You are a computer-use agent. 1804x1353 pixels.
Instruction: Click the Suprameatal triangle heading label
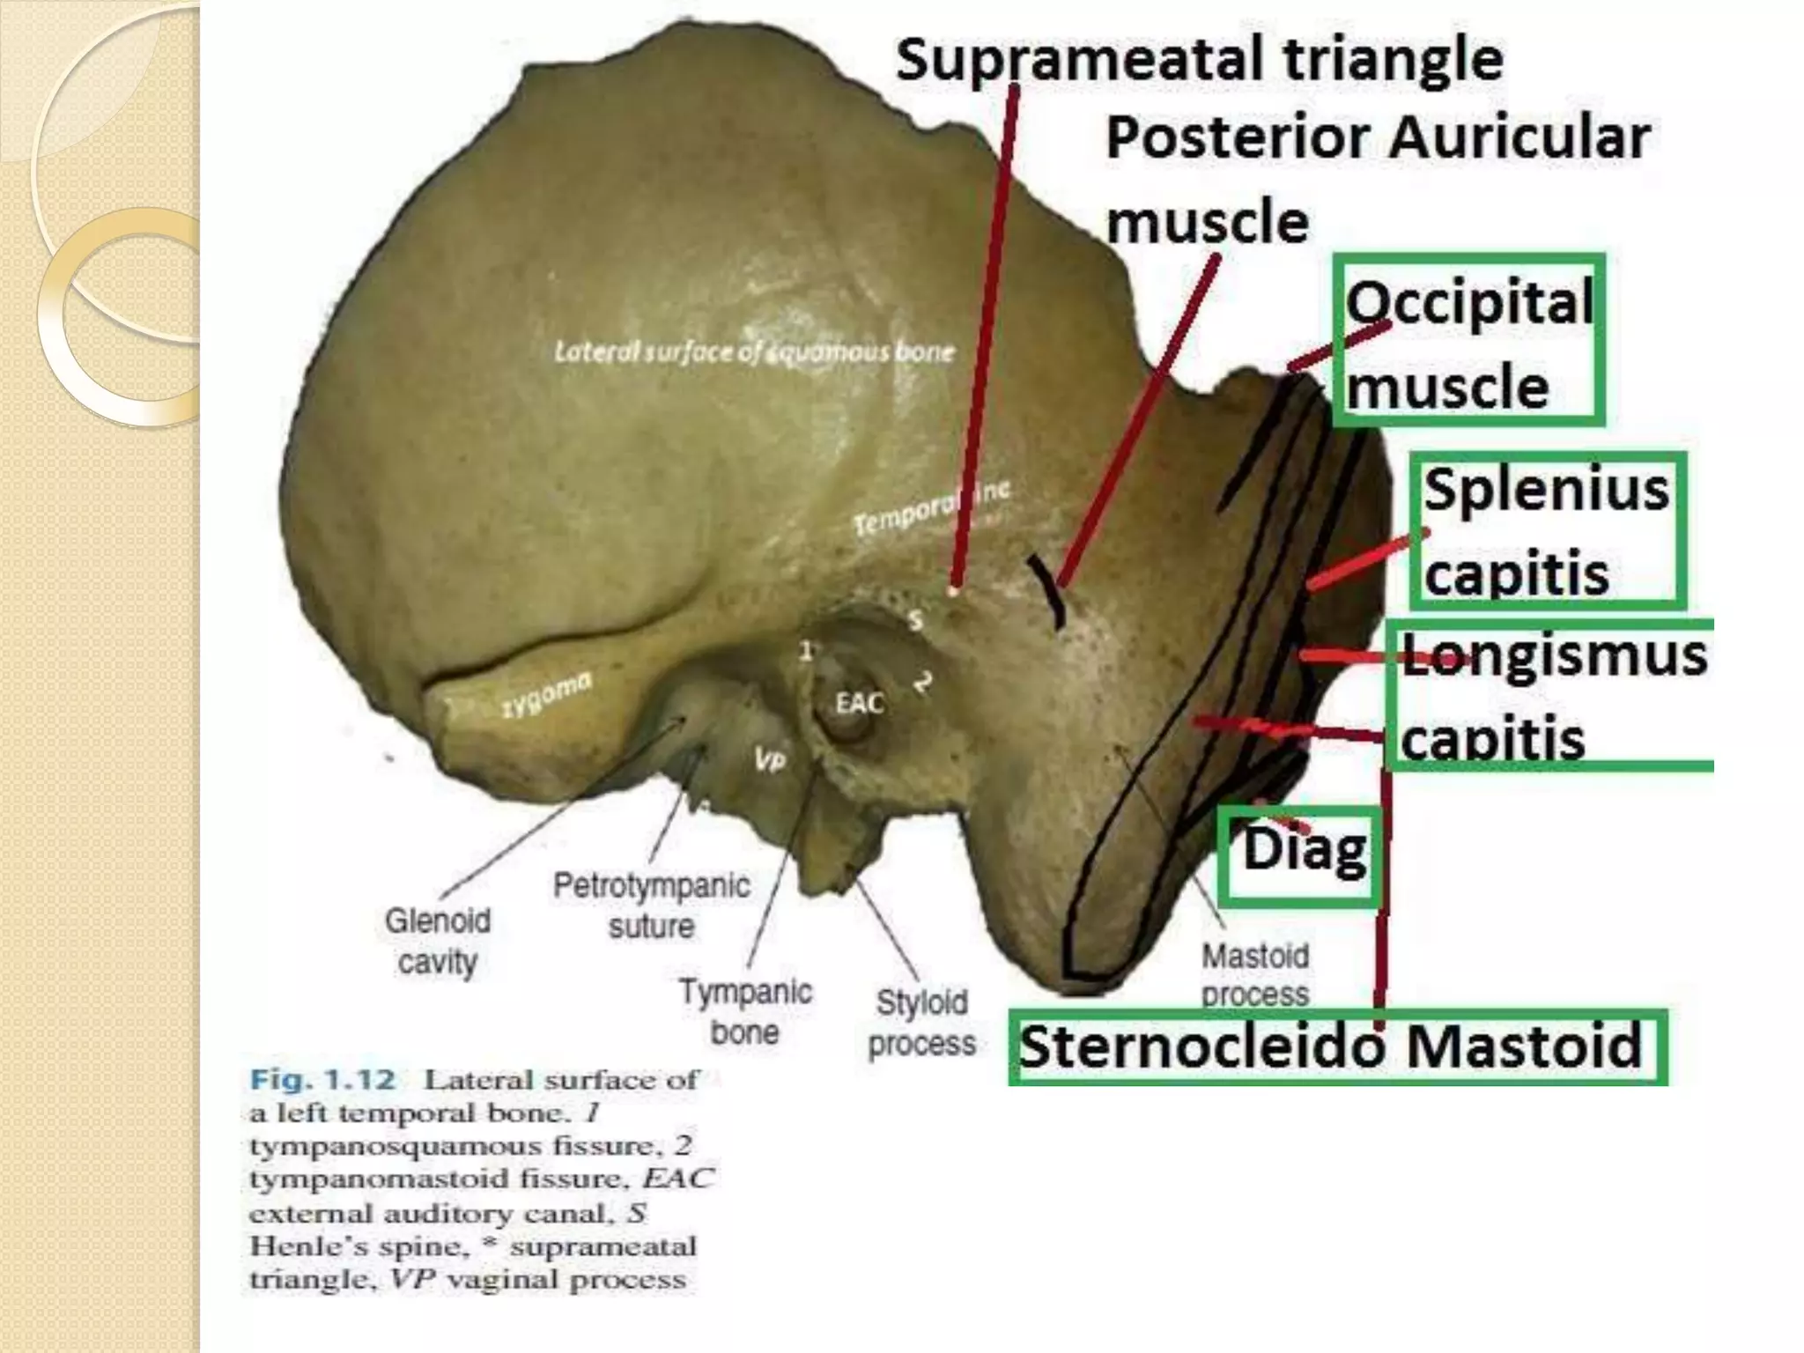pos(1199,60)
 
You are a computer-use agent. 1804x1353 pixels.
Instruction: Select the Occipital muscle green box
pos(1468,340)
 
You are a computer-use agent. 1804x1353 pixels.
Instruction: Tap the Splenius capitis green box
pos(1547,530)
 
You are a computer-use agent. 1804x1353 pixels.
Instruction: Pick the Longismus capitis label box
pos(1552,695)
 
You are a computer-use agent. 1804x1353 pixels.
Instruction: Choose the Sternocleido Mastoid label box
pos(1336,1046)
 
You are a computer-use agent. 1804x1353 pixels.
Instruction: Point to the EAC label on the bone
pos(859,703)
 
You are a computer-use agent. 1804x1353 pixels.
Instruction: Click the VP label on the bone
pos(768,759)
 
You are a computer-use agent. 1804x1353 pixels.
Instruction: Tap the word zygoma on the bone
pos(547,695)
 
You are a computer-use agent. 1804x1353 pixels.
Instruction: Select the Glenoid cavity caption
pos(437,941)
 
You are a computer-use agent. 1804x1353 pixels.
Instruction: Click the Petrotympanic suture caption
pos(651,906)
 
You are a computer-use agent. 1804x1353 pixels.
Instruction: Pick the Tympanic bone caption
pos(745,1011)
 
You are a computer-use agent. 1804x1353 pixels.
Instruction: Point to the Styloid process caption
pos(921,1022)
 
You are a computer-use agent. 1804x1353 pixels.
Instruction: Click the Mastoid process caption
pos(1255,974)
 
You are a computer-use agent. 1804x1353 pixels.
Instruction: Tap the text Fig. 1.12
pos(323,1079)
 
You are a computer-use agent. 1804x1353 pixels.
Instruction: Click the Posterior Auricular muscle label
pos(1376,179)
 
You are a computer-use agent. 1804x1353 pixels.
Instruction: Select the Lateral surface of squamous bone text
pos(754,352)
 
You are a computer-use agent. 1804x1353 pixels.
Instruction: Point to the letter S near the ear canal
pos(915,620)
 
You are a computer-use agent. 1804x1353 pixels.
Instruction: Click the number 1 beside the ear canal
pos(804,651)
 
